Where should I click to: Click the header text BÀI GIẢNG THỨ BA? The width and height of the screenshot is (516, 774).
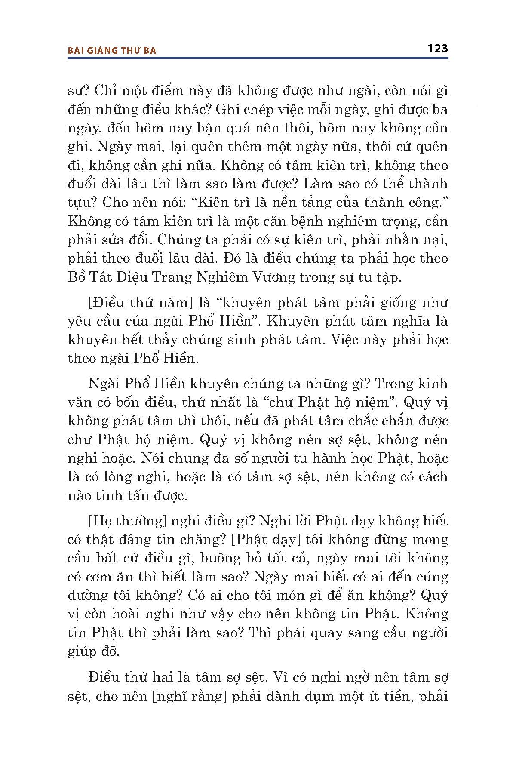click(x=112, y=50)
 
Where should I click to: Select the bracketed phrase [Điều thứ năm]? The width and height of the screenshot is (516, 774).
click(x=139, y=303)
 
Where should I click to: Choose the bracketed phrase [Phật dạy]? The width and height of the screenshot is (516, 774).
click(x=265, y=540)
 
